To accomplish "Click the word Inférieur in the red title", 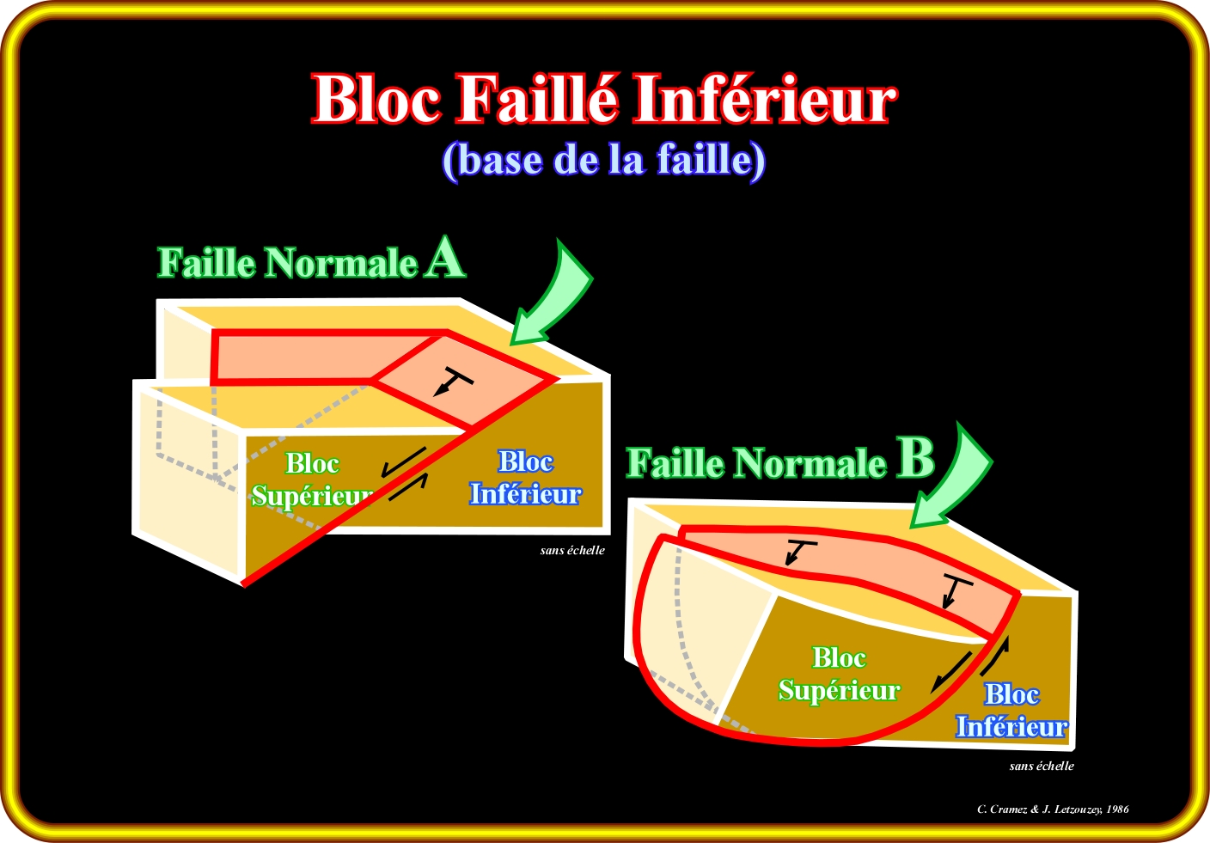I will tap(765, 99).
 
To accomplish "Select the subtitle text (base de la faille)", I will tap(603, 160).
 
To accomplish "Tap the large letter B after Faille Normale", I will tap(915, 458).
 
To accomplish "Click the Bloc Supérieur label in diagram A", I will tap(311, 480).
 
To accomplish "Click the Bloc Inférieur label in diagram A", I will tap(525, 478).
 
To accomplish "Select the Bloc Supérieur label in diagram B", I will tap(838, 674).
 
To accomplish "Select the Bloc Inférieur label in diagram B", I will tap(1011, 711).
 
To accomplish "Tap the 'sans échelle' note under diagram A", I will tap(572, 550).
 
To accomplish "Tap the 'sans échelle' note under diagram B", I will tap(1041, 766).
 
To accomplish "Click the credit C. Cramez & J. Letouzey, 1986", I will tap(1053, 809).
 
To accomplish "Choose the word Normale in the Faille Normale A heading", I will tap(341, 263).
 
